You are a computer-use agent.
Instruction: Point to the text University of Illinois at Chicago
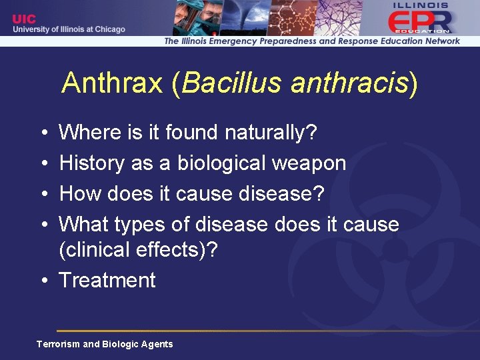tap(68, 29)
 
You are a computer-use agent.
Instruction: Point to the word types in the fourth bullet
tap(137, 224)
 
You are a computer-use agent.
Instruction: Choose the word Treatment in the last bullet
tap(107, 280)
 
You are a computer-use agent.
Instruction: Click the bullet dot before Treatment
tap(42, 281)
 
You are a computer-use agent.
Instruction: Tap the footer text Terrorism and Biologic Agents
tap(105, 344)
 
